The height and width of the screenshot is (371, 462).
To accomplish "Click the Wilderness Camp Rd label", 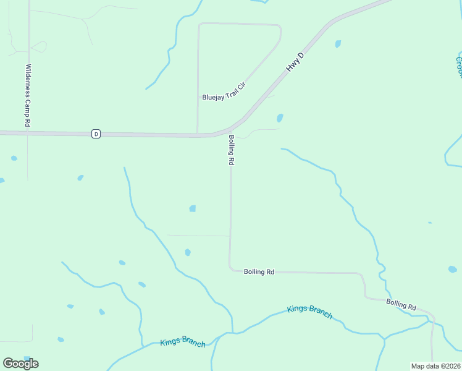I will click(x=28, y=96).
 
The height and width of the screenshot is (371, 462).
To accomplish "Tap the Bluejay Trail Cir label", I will click(x=224, y=98).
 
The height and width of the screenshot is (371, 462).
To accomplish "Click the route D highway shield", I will click(x=96, y=134).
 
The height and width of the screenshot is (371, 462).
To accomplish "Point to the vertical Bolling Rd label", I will click(x=232, y=150).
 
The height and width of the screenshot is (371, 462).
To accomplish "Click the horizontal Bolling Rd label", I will click(x=259, y=271).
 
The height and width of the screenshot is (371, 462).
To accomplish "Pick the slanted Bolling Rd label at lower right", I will click(x=401, y=305).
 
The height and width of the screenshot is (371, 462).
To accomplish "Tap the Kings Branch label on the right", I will click(x=310, y=312).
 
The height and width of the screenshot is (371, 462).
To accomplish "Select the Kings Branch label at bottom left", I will click(x=183, y=343).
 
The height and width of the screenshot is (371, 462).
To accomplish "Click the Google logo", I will click(x=20, y=363).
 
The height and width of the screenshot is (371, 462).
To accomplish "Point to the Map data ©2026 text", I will click(x=435, y=366).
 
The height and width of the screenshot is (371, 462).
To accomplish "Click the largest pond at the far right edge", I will click(x=453, y=270).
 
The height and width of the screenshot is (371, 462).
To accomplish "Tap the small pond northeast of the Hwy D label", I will click(x=338, y=44).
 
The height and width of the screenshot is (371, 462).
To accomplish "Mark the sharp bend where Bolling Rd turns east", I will click(x=231, y=268).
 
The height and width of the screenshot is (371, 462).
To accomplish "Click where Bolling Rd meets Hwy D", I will click(x=231, y=128).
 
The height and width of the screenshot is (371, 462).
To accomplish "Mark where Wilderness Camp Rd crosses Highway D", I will click(x=28, y=132).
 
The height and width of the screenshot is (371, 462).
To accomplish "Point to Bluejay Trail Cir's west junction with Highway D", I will click(x=198, y=134).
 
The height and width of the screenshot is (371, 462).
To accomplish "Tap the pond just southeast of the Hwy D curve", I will click(x=280, y=117).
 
